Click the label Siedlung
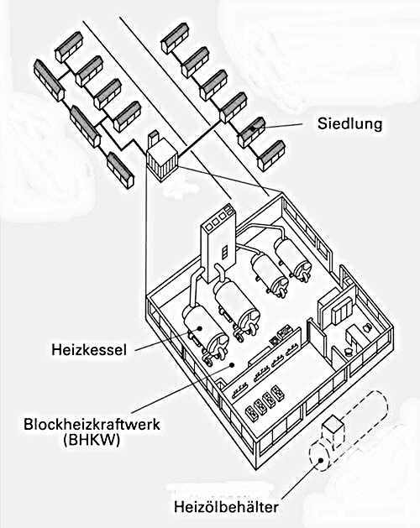[349, 124]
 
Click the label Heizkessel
[89, 349]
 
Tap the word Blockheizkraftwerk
[92, 424]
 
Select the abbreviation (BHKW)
[92, 440]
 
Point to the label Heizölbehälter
[226, 507]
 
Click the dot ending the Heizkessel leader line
[200, 327]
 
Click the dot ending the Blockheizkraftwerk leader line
[232, 364]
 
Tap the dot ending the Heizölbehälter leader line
[321, 460]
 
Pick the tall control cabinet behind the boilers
[218, 243]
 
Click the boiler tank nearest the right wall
[293, 258]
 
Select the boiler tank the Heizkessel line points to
[205, 332]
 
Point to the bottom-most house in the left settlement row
[120, 170]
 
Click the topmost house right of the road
[175, 38]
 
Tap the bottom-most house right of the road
[271, 156]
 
